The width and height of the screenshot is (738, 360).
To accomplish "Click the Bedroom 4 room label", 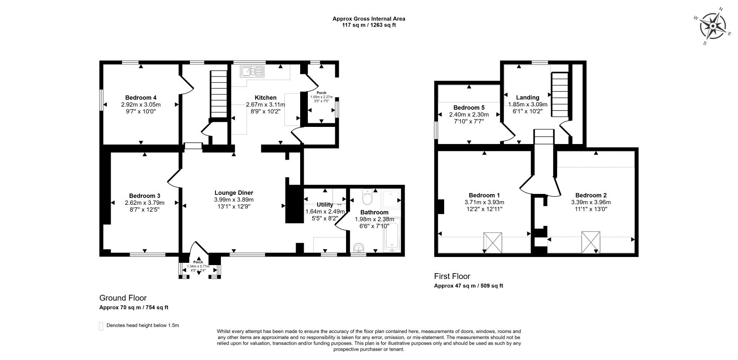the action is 141,98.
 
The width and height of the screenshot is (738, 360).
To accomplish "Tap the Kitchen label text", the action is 265,98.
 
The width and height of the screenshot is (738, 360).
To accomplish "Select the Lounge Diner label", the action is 234,193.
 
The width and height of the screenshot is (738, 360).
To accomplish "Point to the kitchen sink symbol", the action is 252,71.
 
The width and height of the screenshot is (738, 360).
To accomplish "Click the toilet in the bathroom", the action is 367,197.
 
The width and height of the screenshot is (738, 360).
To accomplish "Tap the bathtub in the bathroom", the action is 391,234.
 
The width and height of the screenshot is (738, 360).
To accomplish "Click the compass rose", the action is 713,26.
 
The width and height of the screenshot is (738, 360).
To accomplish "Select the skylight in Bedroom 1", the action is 493,243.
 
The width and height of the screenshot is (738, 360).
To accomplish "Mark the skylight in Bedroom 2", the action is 591,242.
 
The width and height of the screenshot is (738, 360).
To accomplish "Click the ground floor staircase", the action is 219,95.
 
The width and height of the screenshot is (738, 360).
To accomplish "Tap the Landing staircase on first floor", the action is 560,94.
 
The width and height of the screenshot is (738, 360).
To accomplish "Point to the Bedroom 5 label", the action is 469,108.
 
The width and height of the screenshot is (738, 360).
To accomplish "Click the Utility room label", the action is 325,205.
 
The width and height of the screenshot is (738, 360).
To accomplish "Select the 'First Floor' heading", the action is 452,276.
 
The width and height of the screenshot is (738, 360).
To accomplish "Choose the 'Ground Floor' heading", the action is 123,298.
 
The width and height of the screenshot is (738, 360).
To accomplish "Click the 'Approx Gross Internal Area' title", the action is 369,19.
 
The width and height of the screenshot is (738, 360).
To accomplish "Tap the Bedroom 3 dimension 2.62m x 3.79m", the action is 144,202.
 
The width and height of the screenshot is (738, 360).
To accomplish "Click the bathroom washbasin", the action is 359,247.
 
